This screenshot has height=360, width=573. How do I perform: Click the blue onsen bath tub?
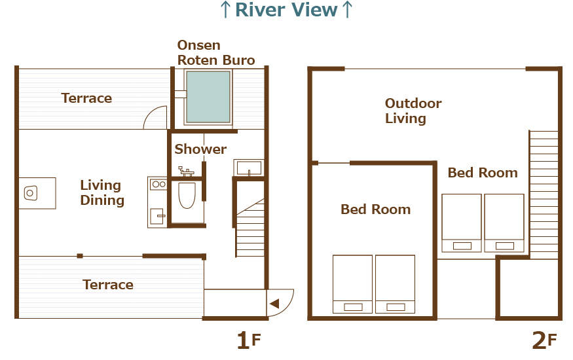[208, 97]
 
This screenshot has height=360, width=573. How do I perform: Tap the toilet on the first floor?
[187, 195]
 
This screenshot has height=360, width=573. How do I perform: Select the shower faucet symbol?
[186, 171]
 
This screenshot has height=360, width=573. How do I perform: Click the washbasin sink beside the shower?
[249, 168]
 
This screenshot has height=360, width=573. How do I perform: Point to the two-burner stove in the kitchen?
[158, 185]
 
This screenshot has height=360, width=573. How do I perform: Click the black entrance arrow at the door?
[274, 304]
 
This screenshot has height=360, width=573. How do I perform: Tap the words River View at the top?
[286, 10]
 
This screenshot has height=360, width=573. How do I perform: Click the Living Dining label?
[102, 192]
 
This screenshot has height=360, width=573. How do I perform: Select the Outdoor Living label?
[413, 111]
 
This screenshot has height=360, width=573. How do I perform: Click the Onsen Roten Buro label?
[216, 52]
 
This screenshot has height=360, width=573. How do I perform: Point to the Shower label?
[200, 149]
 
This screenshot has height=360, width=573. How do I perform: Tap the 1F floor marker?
[249, 340]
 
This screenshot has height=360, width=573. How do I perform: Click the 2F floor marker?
[544, 340]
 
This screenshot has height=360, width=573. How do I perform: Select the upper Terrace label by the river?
[86, 98]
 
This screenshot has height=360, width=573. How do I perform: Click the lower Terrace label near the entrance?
[108, 285]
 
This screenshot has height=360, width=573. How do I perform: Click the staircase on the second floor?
[544, 194]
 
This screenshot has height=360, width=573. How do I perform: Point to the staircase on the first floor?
[250, 228]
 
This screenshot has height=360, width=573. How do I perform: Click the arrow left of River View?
[225, 10]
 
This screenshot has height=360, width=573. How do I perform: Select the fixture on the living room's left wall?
[37, 193]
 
